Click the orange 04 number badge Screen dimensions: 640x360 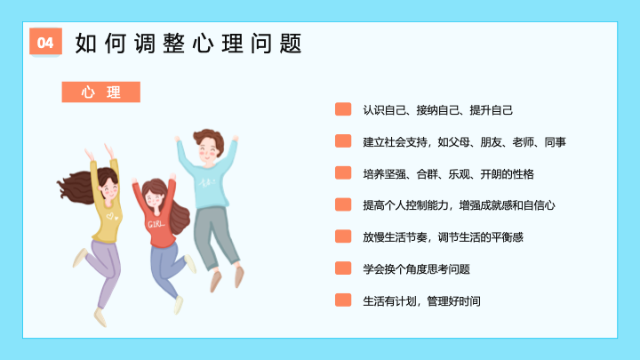[45, 41]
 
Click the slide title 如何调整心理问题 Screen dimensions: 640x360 [188, 44]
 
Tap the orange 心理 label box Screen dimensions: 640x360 [100, 92]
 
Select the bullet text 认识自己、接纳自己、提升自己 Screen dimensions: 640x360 [437, 110]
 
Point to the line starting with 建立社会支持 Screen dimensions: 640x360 [465, 142]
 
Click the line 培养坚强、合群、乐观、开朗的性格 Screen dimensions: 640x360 [448, 174]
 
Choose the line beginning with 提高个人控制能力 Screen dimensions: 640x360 [459, 205]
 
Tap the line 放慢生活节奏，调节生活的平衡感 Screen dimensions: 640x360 [443, 237]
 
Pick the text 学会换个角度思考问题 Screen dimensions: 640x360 [416, 269]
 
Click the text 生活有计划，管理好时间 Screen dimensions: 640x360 [421, 300]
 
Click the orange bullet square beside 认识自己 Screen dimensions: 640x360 [343, 109]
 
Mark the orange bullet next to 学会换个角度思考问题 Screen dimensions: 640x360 [343, 268]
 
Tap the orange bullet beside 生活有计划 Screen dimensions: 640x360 [343, 300]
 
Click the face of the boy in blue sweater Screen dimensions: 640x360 [209, 150]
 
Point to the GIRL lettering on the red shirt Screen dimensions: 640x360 [156, 224]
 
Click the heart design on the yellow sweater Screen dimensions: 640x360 [112, 216]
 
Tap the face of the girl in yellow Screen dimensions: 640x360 [109, 188]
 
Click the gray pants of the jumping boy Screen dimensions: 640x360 [214, 236]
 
